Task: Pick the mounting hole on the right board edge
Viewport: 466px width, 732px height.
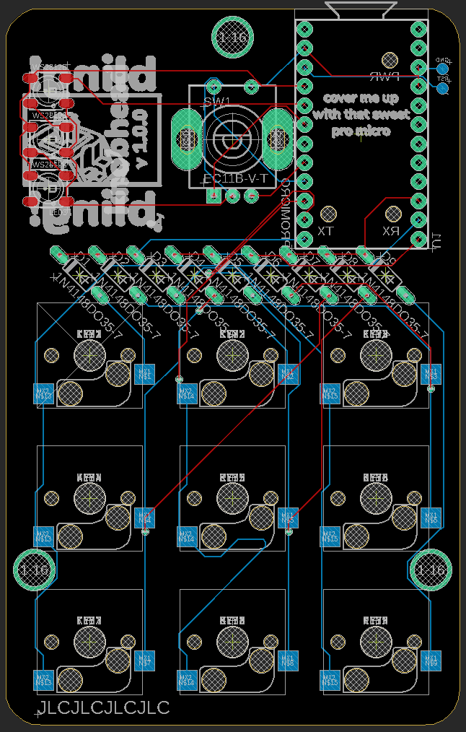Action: [432, 570]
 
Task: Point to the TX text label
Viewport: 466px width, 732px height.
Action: [326, 231]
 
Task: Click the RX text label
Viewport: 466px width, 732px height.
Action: [391, 231]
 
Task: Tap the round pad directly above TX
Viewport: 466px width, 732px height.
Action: [329, 214]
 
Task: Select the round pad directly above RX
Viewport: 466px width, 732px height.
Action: [393, 214]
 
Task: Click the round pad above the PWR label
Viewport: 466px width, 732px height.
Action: [390, 59]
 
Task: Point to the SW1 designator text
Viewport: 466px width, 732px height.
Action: [217, 101]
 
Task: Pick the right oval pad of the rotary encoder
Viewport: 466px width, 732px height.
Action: [277, 137]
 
